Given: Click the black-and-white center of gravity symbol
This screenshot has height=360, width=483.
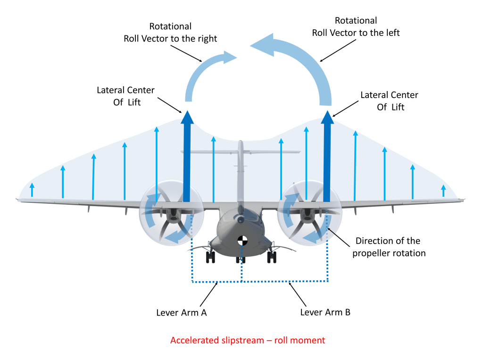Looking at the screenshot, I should click(x=242, y=241).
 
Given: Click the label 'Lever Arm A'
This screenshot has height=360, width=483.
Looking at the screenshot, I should click(x=182, y=312).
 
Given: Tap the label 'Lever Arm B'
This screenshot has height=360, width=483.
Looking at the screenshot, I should click(x=325, y=312).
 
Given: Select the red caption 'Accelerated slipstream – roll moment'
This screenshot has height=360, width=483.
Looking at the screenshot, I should click(x=248, y=340).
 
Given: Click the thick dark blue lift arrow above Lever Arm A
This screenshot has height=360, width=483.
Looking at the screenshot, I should click(x=187, y=160).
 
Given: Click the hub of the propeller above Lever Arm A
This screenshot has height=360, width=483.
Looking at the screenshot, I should click(x=170, y=213).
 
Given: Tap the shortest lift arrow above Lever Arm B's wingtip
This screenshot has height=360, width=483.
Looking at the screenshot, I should click(x=443, y=191).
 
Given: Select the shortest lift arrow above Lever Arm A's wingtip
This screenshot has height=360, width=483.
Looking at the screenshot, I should click(x=32, y=190).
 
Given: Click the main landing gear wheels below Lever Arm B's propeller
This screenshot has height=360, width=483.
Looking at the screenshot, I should click(x=272, y=257).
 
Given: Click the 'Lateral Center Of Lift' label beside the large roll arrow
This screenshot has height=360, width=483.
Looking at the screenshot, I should click(x=390, y=101).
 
